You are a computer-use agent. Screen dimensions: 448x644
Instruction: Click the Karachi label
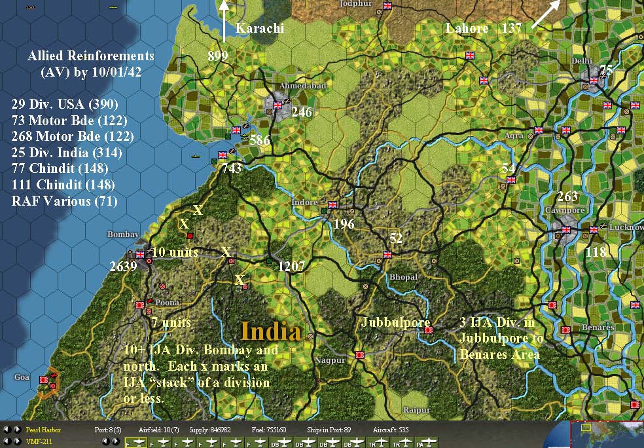point(259,28)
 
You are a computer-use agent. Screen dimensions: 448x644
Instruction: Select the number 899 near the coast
point(218,56)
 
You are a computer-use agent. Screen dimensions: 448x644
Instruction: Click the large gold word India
point(270,331)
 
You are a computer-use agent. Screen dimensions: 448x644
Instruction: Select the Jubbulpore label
point(395,322)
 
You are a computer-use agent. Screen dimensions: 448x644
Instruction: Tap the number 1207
point(293,266)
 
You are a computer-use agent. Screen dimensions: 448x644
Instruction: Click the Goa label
point(22,377)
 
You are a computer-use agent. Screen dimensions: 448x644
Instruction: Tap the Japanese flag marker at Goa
point(44,379)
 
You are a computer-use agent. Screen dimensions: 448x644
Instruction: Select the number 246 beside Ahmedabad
point(302,112)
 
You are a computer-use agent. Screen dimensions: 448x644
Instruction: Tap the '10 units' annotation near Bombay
point(175,252)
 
